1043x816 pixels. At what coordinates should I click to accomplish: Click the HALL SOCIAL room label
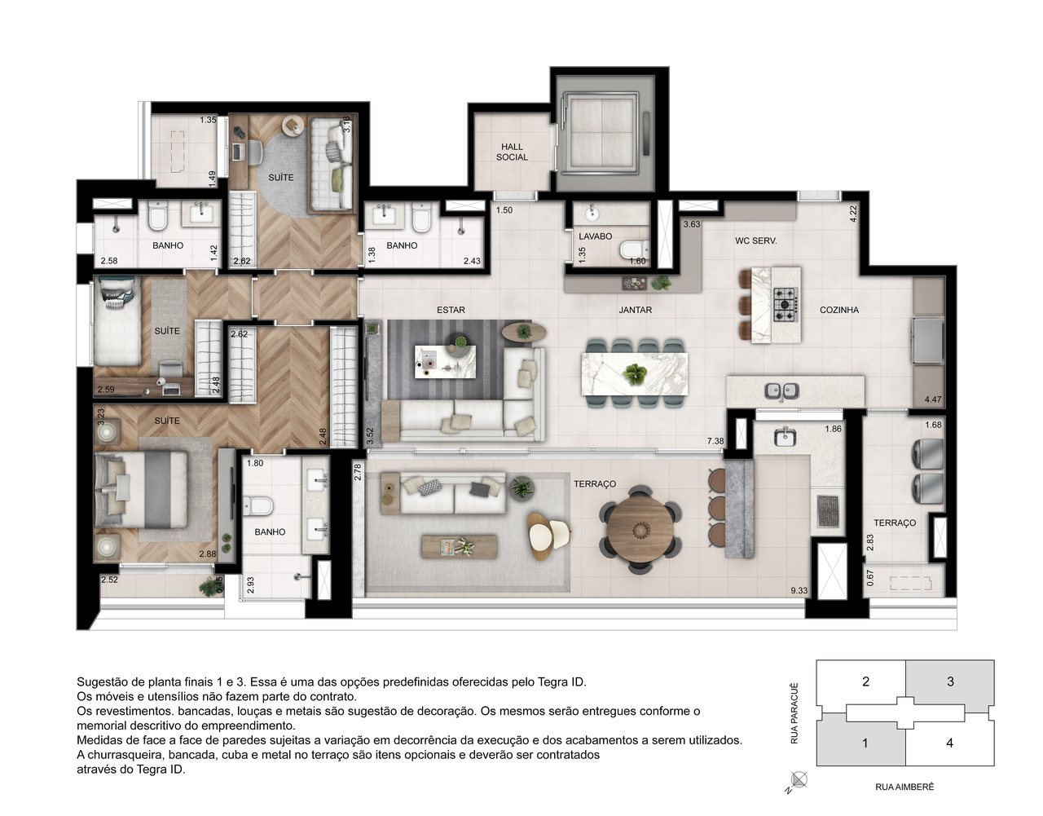[x=512, y=152]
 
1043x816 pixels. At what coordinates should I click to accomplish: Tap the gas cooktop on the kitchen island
[x=786, y=304]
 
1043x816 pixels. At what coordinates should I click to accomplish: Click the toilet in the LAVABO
[x=633, y=249]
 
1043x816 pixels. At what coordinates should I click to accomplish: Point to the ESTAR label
[x=451, y=310]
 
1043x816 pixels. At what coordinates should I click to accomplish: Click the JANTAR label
[x=635, y=310]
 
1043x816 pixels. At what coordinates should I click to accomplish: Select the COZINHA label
[x=838, y=310]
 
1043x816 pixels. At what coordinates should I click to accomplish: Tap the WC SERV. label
[x=755, y=240]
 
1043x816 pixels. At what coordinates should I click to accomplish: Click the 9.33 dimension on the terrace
[x=799, y=591]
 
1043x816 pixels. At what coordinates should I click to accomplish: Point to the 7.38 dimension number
[x=715, y=441]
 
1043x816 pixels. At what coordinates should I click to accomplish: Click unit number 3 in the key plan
[x=950, y=681]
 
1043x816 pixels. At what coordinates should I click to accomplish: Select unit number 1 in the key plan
[x=865, y=743]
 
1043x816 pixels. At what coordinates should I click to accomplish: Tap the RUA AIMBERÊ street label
[x=904, y=787]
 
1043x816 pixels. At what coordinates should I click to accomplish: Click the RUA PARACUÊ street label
[x=794, y=713]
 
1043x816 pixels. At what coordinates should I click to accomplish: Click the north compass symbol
[x=798, y=780]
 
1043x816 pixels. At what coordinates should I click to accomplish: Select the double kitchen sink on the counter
[x=781, y=392]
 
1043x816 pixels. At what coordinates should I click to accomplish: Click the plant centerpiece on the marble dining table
[x=635, y=376]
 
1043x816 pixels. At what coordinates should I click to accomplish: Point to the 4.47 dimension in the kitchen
[x=932, y=399]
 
